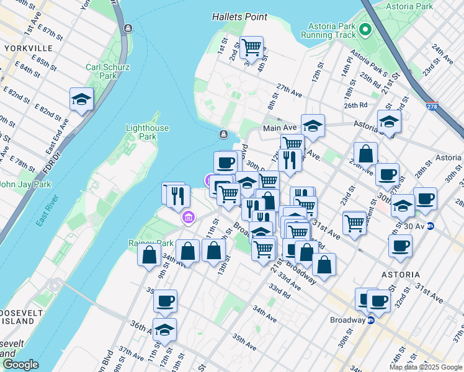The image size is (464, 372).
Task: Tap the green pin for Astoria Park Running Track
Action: (x=365, y=29)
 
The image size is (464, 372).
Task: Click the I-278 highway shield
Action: (x=432, y=107)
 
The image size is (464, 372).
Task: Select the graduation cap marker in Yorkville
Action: (x=81, y=99)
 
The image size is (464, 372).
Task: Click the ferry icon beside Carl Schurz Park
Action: (x=128, y=29)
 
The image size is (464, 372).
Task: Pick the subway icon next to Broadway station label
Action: (x=371, y=321)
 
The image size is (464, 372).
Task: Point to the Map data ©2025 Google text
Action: (x=425, y=367)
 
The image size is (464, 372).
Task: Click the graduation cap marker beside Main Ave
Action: (x=313, y=125)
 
